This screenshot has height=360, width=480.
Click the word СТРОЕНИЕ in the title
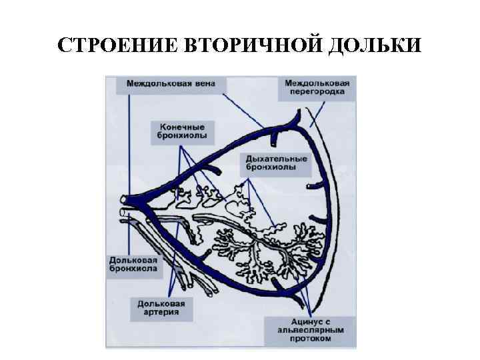tap(115, 45)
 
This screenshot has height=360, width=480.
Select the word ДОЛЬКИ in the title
tap(374, 45)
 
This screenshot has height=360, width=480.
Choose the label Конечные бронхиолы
tap(182, 130)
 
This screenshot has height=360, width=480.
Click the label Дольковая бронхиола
tap(134, 264)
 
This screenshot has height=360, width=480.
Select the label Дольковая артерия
tap(162, 307)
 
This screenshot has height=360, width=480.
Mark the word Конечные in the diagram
tap(182, 125)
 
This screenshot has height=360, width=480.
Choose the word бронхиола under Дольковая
tap(134, 269)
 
